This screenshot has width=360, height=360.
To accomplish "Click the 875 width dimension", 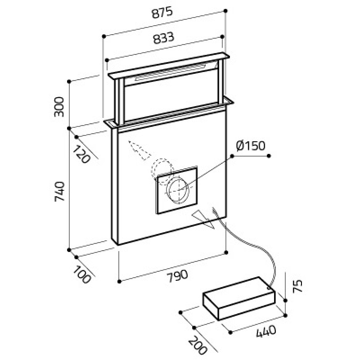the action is tap(162, 13).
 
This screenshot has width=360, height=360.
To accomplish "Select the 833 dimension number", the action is tap(164, 38).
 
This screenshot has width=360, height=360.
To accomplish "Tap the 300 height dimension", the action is tap(59, 107).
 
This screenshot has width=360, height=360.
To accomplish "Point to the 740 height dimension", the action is tap(59, 192).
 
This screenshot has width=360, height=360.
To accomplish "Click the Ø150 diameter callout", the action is tap(251, 146).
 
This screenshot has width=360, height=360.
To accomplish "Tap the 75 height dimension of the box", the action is tap(297, 286).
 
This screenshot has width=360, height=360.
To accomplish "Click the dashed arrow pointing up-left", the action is tap(139, 150).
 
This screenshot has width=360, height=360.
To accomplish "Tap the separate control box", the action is tap(239, 298).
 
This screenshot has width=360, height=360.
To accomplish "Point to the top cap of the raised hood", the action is tap(169, 65).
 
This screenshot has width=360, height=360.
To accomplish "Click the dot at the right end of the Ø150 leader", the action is tap(269, 156).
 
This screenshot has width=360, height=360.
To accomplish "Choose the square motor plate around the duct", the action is tap(177, 190).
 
